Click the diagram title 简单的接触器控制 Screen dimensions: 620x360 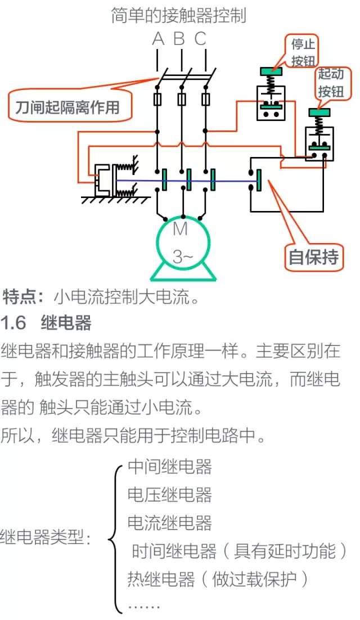pos(179,15)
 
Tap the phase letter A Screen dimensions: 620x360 pos(158,39)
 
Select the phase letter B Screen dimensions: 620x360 pos(179,39)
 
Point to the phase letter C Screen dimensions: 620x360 pos(200,39)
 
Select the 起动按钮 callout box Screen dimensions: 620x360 pos(331,82)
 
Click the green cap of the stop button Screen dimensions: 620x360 pos(271,71)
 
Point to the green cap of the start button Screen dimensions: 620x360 pos(319,113)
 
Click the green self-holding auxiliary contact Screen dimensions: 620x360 pos(258,181)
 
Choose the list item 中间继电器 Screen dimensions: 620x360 pos(170,466)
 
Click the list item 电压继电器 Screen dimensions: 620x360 pos(170,495)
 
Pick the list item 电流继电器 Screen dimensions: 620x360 pos(170,523)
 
